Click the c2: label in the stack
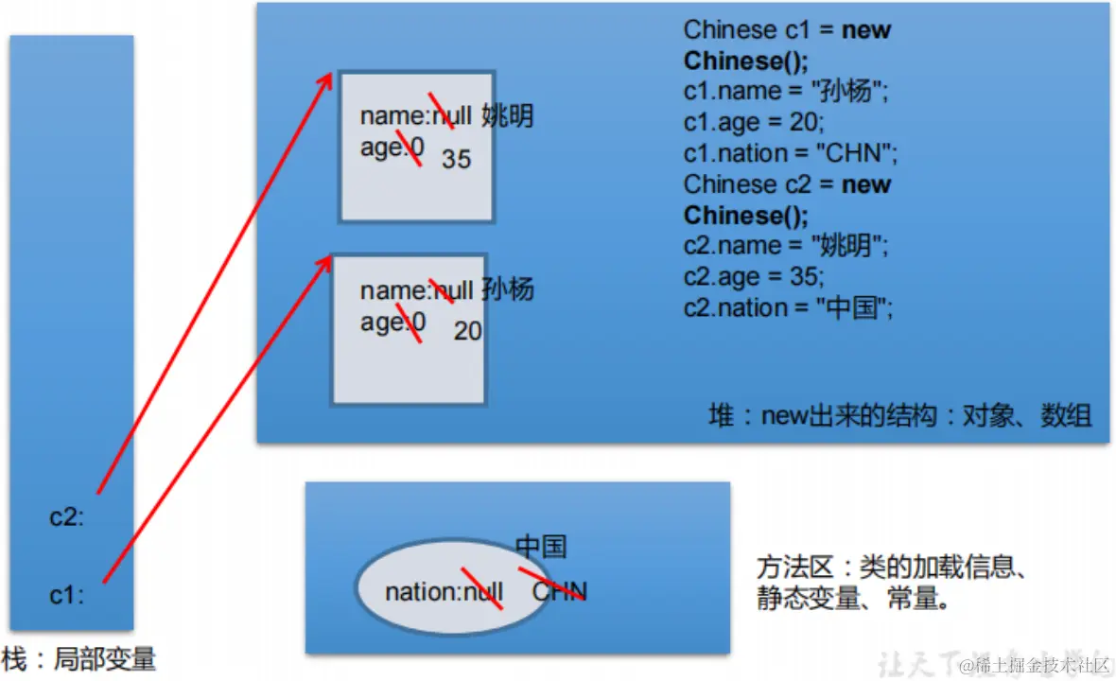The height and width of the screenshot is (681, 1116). tap(66, 517)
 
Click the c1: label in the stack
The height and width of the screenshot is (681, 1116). tap(66, 596)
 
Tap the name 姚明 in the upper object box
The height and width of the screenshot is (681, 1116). tap(507, 116)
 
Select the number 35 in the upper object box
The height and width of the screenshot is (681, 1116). tap(456, 159)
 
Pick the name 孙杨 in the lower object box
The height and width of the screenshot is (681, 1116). tap(508, 289)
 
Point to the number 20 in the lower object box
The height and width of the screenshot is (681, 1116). tap(467, 331)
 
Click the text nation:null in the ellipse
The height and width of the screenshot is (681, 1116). tap(444, 592)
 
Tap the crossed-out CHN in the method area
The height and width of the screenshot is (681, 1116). tap(559, 591)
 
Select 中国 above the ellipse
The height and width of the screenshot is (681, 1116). tap(541, 546)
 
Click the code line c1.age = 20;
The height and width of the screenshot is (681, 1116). tap(754, 122)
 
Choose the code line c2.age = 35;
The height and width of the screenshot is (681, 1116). tap(754, 276)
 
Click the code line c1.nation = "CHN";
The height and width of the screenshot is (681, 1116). tap(790, 153)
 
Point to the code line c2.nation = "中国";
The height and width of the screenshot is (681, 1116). tap(788, 307)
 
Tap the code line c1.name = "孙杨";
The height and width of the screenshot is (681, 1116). tap(786, 92)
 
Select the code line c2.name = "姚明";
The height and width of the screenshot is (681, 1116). tap(786, 246)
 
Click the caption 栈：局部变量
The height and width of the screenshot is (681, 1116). tap(79, 658)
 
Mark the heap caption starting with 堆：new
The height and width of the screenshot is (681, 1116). tap(899, 415)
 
